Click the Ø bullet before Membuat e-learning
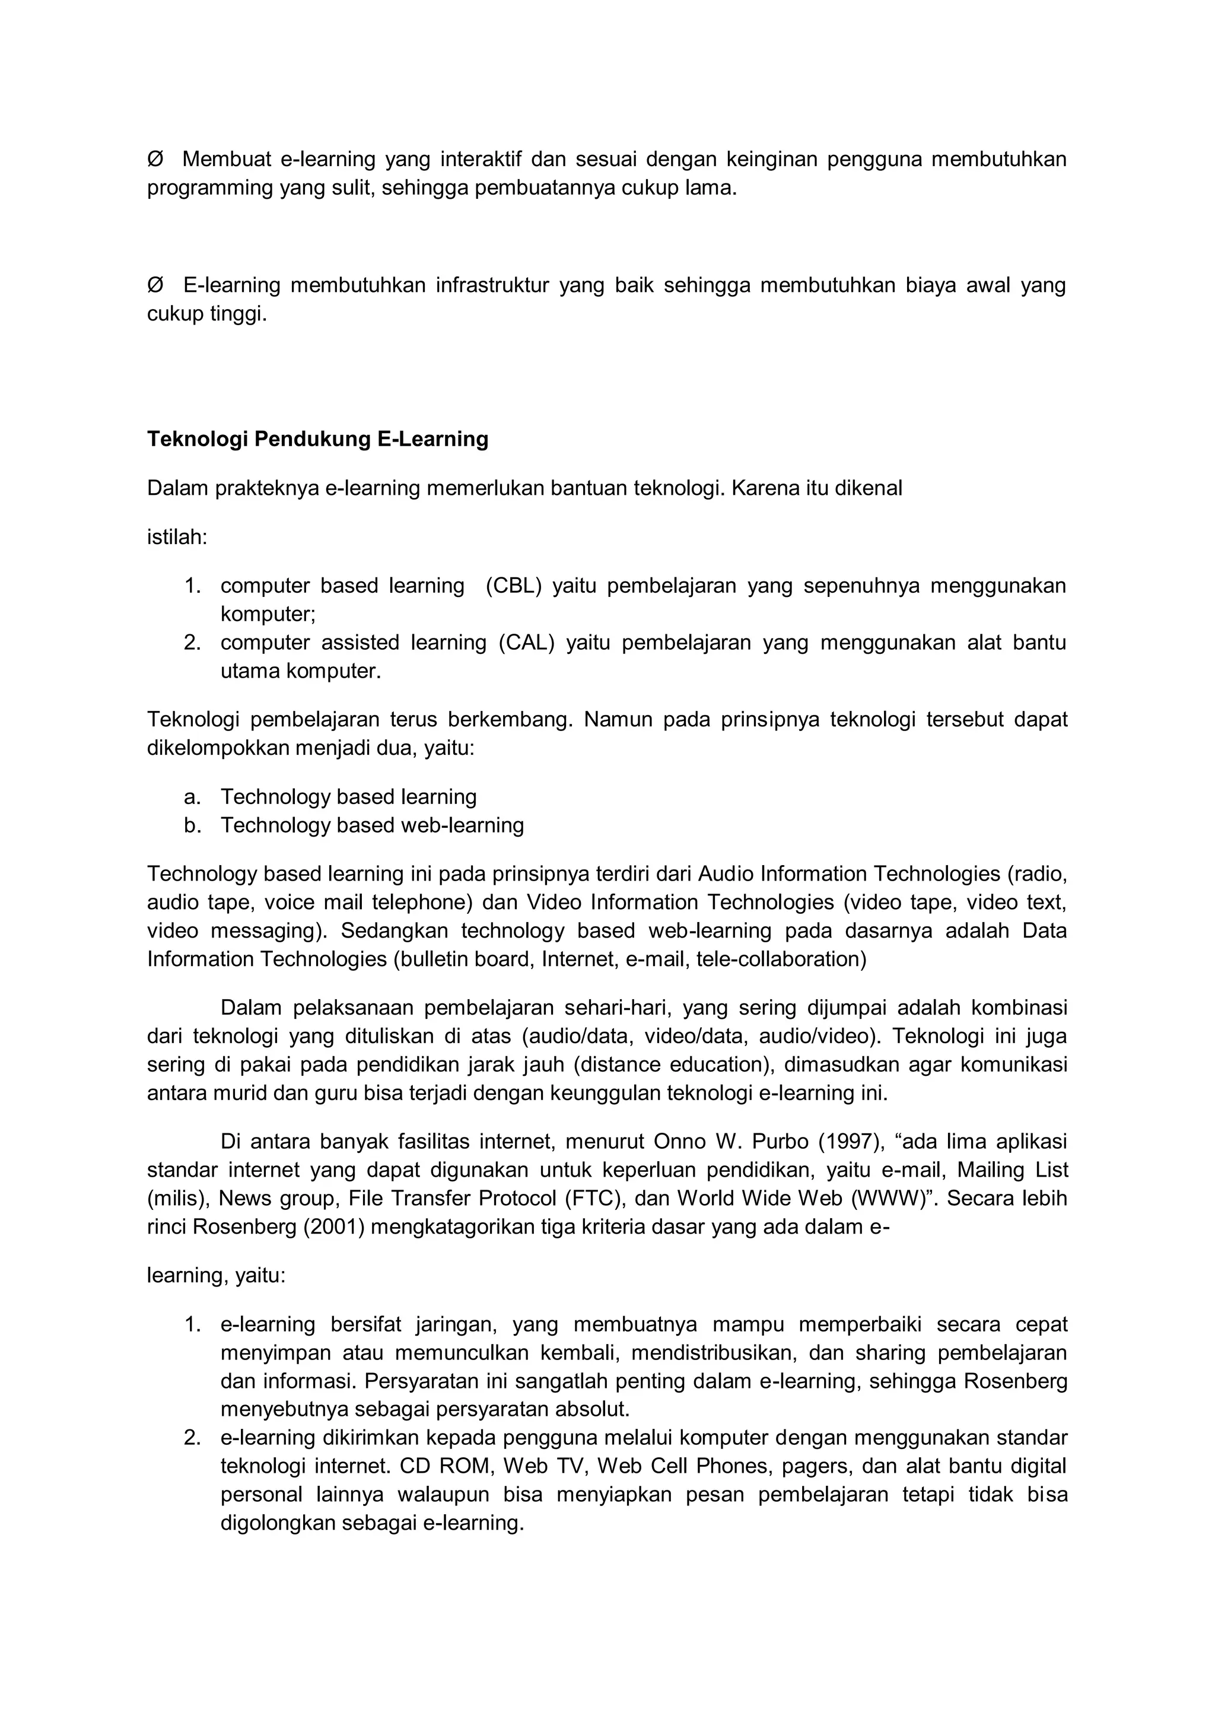pyautogui.click(x=155, y=160)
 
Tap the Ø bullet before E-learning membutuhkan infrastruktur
pyautogui.click(x=155, y=285)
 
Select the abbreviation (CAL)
pyautogui.click(x=527, y=643)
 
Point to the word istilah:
pyautogui.click(x=177, y=537)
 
